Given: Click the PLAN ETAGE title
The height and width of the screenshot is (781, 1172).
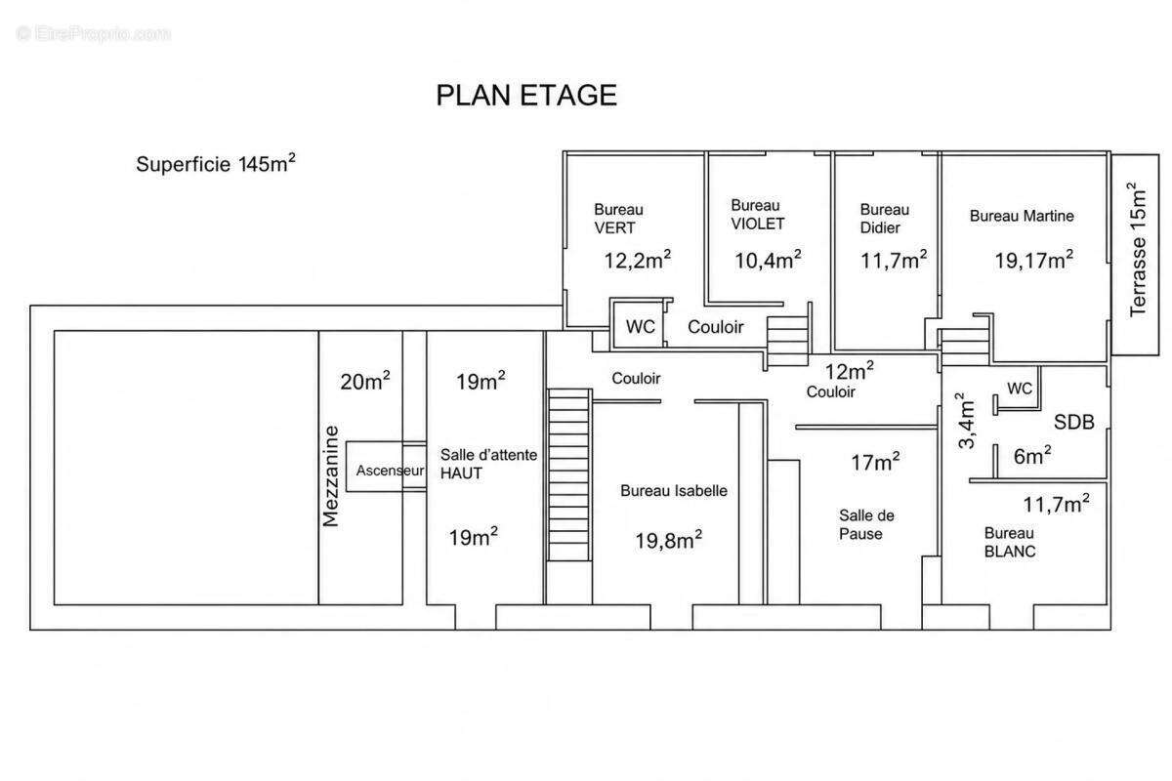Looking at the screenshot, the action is coord(526,96).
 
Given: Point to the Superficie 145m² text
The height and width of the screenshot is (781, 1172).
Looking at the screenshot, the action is coord(216,163).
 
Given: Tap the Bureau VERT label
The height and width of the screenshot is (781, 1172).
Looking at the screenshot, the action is coord(618,219).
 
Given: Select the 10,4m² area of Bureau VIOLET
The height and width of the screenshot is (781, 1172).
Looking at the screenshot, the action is coord(768,260).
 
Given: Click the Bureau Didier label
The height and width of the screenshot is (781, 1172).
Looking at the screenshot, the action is coord(885,219).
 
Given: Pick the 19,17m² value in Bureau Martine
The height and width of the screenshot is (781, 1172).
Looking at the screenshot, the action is coord(1034,260).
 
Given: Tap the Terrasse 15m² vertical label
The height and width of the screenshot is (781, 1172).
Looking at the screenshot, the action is coord(1138,250).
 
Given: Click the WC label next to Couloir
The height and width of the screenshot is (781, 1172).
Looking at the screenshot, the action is coord(641,327).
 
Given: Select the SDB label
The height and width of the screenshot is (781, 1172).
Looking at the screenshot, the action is coord(1073,422).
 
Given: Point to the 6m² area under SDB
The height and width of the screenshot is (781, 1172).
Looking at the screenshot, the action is coord(1032,456).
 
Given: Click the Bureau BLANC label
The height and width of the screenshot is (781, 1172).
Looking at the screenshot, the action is coord(1010,542).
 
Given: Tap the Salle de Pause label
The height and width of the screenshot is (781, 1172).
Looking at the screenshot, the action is coord(866,524).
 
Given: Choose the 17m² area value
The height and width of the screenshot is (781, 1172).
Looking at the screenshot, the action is coord(875,462).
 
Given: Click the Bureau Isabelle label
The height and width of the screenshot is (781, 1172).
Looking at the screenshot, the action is coord(674,491).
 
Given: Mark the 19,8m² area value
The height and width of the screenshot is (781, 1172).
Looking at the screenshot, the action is coord(669,540).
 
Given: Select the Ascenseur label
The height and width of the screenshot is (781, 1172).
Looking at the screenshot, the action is coord(391,471).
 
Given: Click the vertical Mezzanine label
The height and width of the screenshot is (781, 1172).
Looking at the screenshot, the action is coord(331,476).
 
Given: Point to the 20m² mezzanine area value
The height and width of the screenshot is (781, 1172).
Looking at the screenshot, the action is coord(365,381).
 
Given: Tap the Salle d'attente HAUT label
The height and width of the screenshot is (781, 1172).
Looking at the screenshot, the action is coord(488,464).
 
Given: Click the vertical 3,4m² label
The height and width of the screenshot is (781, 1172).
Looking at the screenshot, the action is coord(966,421).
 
